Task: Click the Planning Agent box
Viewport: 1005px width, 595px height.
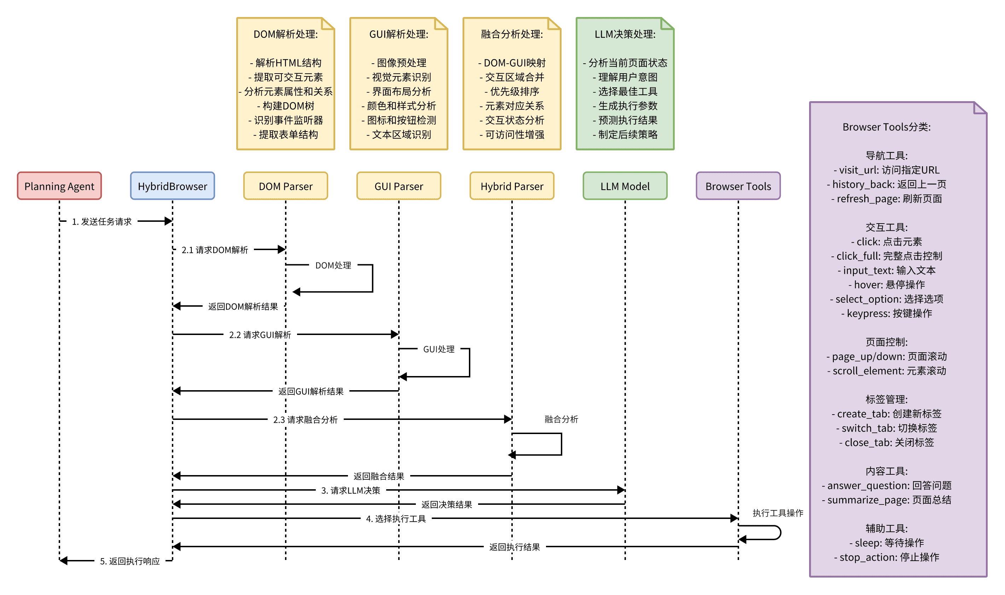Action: pos(59,186)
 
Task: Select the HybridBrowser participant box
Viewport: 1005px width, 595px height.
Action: pos(172,186)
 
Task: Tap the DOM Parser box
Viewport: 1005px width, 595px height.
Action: pos(285,186)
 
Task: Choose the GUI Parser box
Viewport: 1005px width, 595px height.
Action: pos(399,186)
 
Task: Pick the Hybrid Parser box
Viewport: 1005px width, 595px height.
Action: pos(512,186)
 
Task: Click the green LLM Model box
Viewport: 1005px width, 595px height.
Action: pos(625,186)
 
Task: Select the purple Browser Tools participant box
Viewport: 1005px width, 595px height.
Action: pos(738,186)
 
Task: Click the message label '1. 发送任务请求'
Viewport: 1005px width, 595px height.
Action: pos(102,222)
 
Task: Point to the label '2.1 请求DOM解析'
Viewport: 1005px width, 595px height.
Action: pos(215,250)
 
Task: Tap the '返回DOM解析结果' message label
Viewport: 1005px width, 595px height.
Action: pos(243,307)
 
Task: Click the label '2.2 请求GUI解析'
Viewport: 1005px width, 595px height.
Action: pos(260,335)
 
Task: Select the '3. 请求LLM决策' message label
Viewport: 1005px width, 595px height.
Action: pos(351,490)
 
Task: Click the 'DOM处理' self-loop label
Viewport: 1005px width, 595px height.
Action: pos(333,265)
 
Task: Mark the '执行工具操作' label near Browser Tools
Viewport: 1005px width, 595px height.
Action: pos(778,513)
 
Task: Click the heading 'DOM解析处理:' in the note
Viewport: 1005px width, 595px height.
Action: pos(286,34)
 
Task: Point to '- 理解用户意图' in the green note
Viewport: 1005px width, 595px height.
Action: pos(625,77)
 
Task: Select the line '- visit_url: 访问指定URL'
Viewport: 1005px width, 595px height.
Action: pos(887,170)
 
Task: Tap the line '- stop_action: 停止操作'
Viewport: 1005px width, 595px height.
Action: pos(887,557)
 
